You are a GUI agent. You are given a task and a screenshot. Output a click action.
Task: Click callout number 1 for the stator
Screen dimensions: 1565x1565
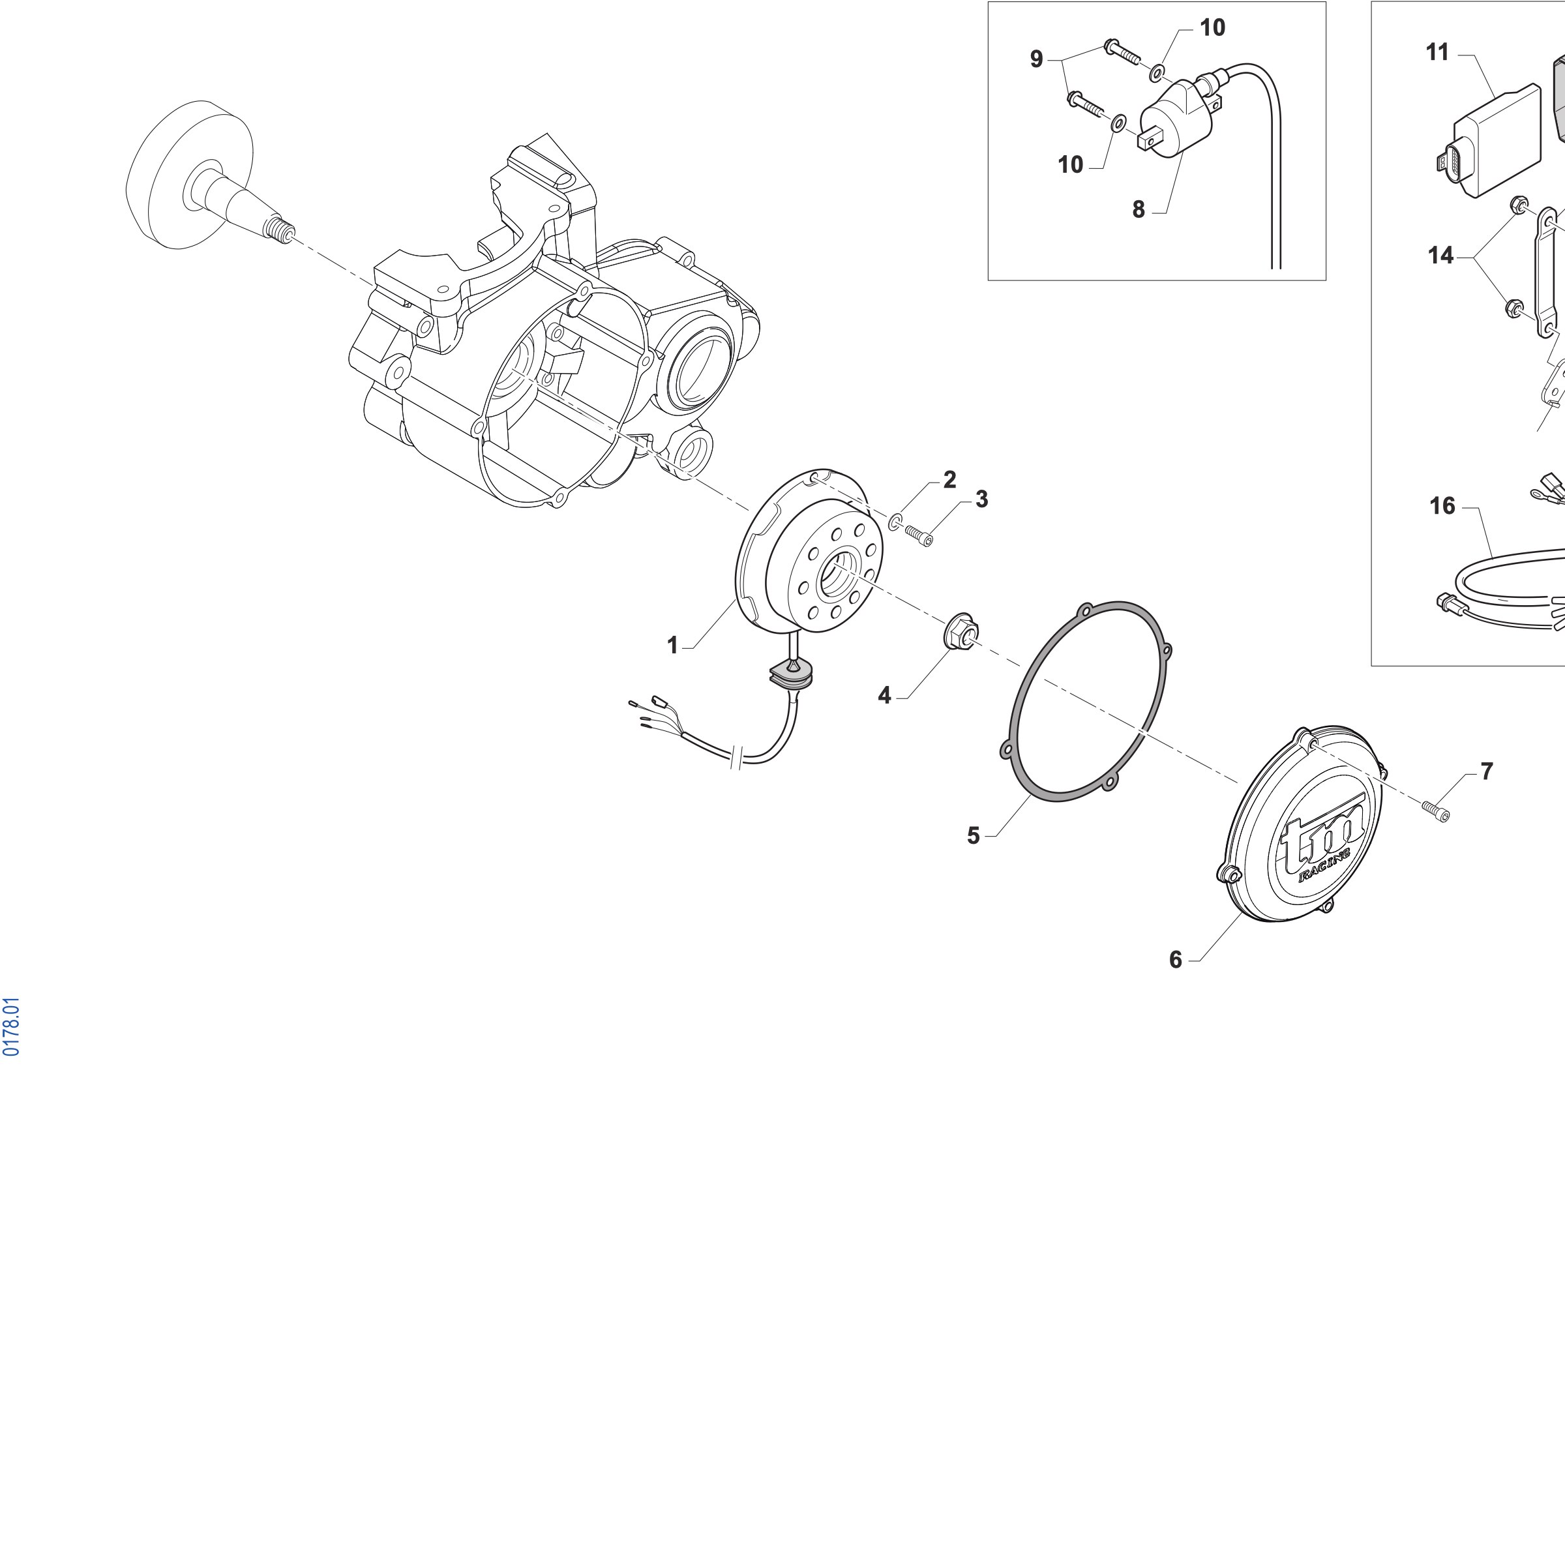[672, 645]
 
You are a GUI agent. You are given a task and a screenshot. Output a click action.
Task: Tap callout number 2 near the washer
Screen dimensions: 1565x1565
[949, 479]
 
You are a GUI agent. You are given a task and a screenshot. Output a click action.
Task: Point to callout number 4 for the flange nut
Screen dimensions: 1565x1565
[885, 695]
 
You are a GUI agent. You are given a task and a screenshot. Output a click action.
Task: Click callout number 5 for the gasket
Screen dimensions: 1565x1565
[974, 835]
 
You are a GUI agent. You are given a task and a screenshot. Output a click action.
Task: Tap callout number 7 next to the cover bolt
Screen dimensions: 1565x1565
[1487, 772]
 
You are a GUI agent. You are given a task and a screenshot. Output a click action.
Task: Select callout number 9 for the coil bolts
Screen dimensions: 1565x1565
[1036, 59]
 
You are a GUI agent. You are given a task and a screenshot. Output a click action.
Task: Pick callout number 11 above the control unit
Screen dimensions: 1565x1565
[1437, 53]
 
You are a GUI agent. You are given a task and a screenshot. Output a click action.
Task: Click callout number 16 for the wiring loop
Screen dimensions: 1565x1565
[1442, 506]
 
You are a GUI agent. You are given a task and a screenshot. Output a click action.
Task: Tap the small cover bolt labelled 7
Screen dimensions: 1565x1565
[1435, 809]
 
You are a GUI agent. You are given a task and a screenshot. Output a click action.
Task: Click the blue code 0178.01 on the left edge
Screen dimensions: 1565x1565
[11, 1027]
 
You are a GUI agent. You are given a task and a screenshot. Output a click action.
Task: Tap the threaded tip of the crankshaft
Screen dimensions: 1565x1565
[280, 233]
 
